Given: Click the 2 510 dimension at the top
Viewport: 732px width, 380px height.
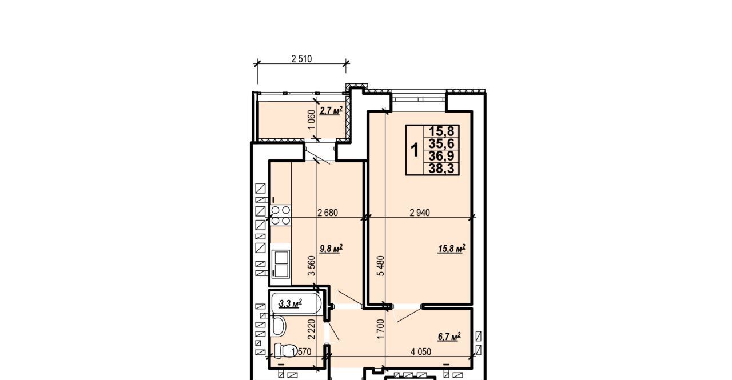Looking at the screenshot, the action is click(301, 59).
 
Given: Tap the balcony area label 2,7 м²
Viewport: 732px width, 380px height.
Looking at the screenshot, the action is click(331, 111).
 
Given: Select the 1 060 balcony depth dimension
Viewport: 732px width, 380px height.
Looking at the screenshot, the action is click(312, 119).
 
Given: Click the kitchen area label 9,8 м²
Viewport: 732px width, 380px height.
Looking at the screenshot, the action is click(331, 249).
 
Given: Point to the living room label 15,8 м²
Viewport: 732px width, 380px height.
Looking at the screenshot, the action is click(452, 249).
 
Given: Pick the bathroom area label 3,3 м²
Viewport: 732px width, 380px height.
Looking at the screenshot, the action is click(290, 303).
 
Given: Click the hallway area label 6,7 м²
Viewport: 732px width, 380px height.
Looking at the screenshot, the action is click(449, 336).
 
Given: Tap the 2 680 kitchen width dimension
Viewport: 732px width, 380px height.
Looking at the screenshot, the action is click(328, 213).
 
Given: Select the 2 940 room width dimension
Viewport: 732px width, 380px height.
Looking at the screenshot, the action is click(420, 213).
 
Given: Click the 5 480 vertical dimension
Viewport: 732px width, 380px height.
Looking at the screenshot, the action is click(381, 266).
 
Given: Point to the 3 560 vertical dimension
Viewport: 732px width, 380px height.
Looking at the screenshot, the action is click(312, 266).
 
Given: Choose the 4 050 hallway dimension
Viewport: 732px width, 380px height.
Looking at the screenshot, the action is click(421, 351).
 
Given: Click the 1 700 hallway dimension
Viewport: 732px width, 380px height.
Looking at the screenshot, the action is click(381, 329).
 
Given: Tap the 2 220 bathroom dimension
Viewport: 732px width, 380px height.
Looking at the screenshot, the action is click(312, 329).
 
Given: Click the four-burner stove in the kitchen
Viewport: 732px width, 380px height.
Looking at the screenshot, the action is click(281, 215).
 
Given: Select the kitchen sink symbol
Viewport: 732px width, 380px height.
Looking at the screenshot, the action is click(281, 264).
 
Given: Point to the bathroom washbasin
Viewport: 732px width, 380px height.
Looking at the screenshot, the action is click(279, 326).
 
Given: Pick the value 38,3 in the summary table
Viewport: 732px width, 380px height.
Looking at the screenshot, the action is click(441, 169).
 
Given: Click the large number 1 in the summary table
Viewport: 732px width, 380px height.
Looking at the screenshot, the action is click(415, 150).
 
